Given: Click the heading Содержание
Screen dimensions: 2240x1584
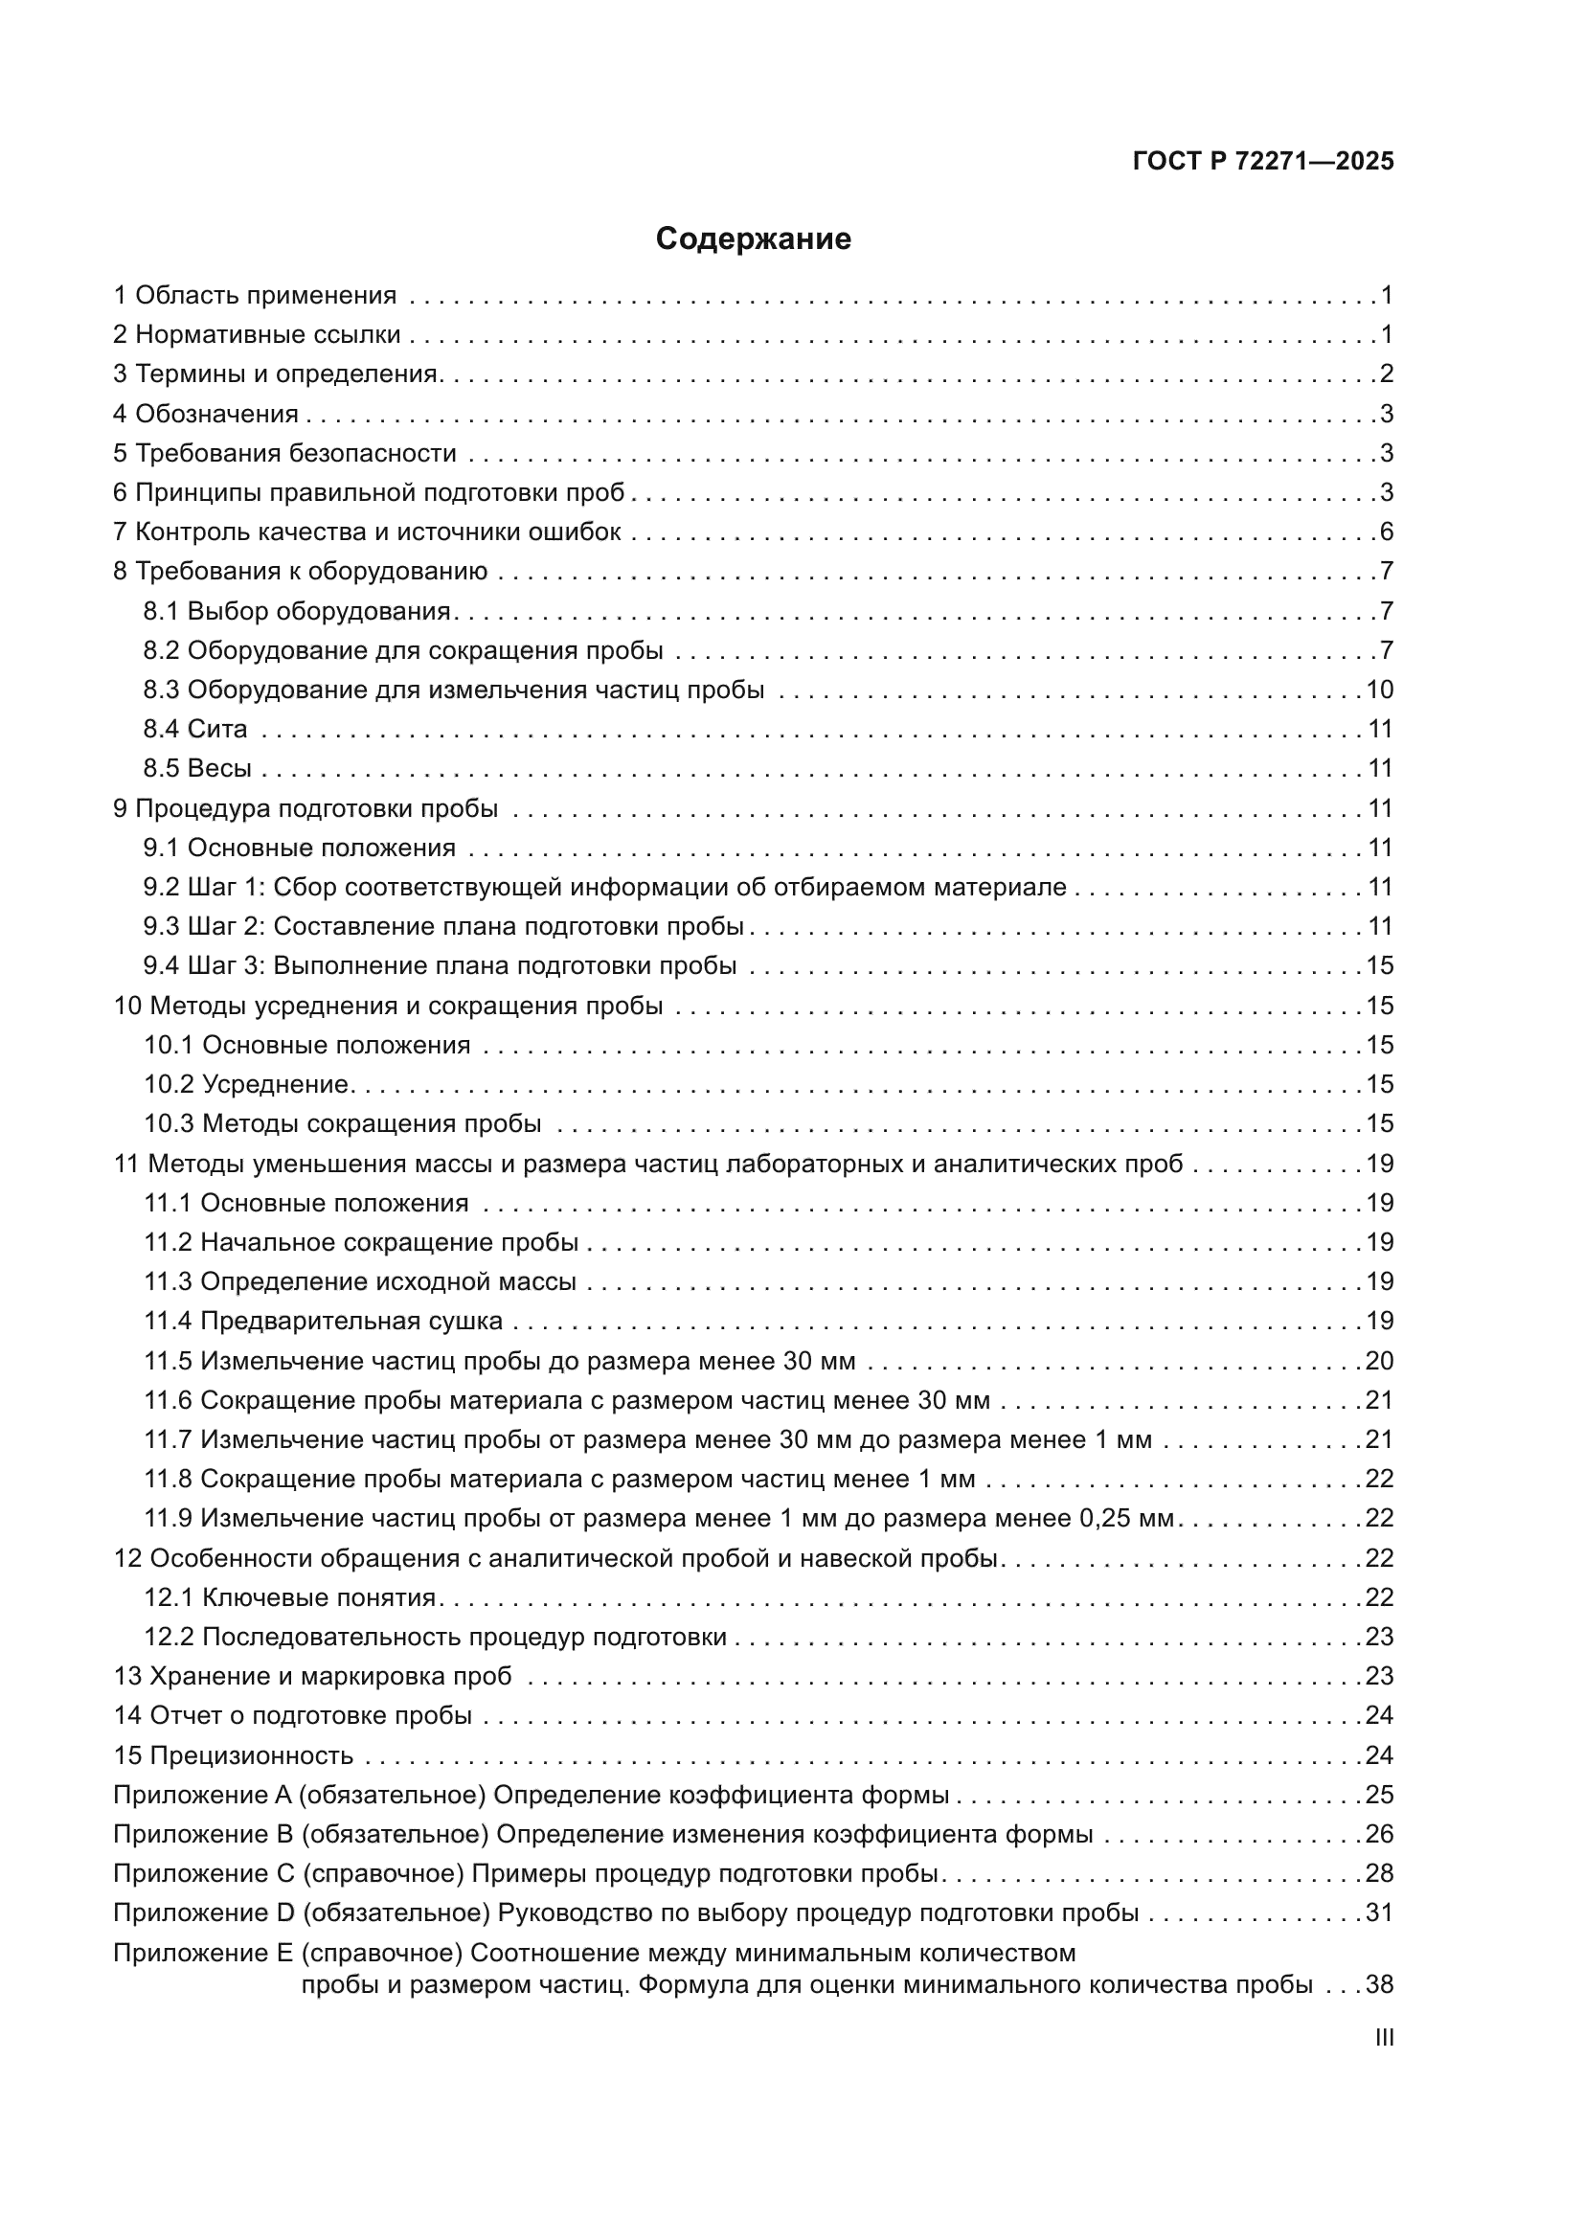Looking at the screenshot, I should click(753, 239).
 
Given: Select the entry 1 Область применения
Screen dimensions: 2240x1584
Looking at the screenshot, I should click(255, 296).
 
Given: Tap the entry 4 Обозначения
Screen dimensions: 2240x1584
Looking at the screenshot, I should click(206, 414).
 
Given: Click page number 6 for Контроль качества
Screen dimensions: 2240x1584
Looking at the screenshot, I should click(1386, 532).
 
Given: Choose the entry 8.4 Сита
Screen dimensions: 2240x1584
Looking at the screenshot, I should click(195, 729).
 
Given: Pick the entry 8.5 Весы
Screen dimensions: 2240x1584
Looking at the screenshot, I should click(197, 768).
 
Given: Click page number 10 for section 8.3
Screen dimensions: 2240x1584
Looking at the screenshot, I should click(1379, 690).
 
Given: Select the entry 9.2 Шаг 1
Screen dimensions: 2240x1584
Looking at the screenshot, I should click(604, 887).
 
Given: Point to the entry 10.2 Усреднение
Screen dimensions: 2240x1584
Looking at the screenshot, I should click(246, 1084).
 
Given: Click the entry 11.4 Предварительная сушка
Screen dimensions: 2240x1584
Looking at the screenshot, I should click(323, 1321).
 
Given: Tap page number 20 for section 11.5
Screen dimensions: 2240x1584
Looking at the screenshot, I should click(1379, 1360).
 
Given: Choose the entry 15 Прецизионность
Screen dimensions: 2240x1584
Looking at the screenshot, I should click(233, 1755).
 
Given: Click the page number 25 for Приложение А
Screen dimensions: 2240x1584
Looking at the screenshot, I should click(1379, 1794).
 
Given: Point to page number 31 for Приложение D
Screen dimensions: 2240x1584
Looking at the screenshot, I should click(1379, 1912).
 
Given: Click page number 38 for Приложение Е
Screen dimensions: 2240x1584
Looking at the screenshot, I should click(1379, 1984).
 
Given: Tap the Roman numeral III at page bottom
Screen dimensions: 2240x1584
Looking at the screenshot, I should click(1384, 2037).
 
